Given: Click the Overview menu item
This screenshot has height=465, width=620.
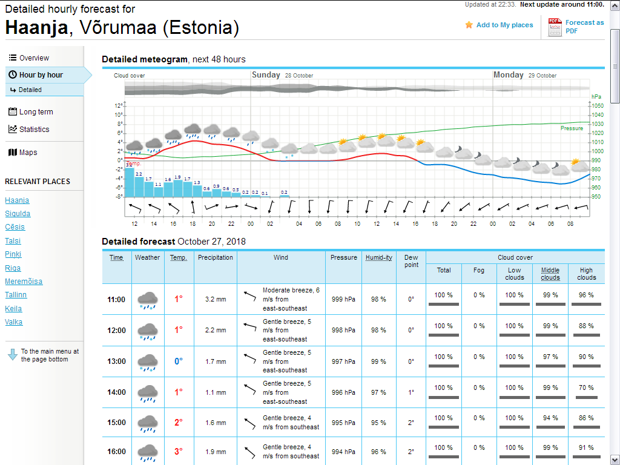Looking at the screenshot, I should coord(34,58).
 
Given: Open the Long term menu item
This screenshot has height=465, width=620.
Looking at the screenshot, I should coord(36,112).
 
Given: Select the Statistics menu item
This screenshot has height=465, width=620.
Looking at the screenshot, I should coord(34,130).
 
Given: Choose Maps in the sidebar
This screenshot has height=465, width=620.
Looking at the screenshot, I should coord(28,153).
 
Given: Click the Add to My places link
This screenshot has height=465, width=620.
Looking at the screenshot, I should coord(504,25).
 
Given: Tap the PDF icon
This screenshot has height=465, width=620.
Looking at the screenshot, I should coord(555,27).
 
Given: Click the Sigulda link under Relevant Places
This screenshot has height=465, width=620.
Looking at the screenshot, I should coord(18,214).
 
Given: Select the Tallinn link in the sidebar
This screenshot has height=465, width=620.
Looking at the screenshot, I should coord(16,295).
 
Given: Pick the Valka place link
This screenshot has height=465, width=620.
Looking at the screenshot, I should coord(14,322).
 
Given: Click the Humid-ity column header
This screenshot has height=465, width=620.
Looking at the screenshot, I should coord(379,257).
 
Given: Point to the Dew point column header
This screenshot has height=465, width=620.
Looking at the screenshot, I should coord(411,261).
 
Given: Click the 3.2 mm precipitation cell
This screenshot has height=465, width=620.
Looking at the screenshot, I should coord(216,299).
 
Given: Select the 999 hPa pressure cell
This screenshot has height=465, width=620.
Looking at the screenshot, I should coord(343,299).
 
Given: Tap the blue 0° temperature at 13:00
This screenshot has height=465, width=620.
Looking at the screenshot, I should coord(179,361).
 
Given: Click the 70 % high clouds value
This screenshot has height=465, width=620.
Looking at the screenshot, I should coord(586,387).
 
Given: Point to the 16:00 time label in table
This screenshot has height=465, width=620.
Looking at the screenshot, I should coord(116,452).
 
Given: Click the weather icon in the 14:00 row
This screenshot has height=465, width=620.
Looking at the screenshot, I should coord(147,392).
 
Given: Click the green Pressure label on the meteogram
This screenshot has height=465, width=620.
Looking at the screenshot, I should coord(572,128).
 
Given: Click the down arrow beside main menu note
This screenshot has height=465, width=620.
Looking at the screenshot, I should coord(13,355).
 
